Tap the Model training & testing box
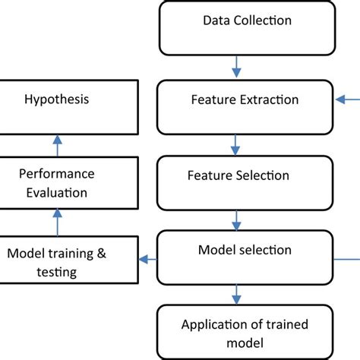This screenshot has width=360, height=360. pyautogui.click(x=69, y=261)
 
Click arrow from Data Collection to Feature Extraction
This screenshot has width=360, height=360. pyautogui.click(x=237, y=68)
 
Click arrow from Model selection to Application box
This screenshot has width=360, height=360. pyautogui.click(x=237, y=293)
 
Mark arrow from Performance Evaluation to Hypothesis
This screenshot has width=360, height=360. pyautogui.click(x=56, y=144)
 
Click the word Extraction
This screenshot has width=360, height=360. pyautogui.click(x=270, y=99)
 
